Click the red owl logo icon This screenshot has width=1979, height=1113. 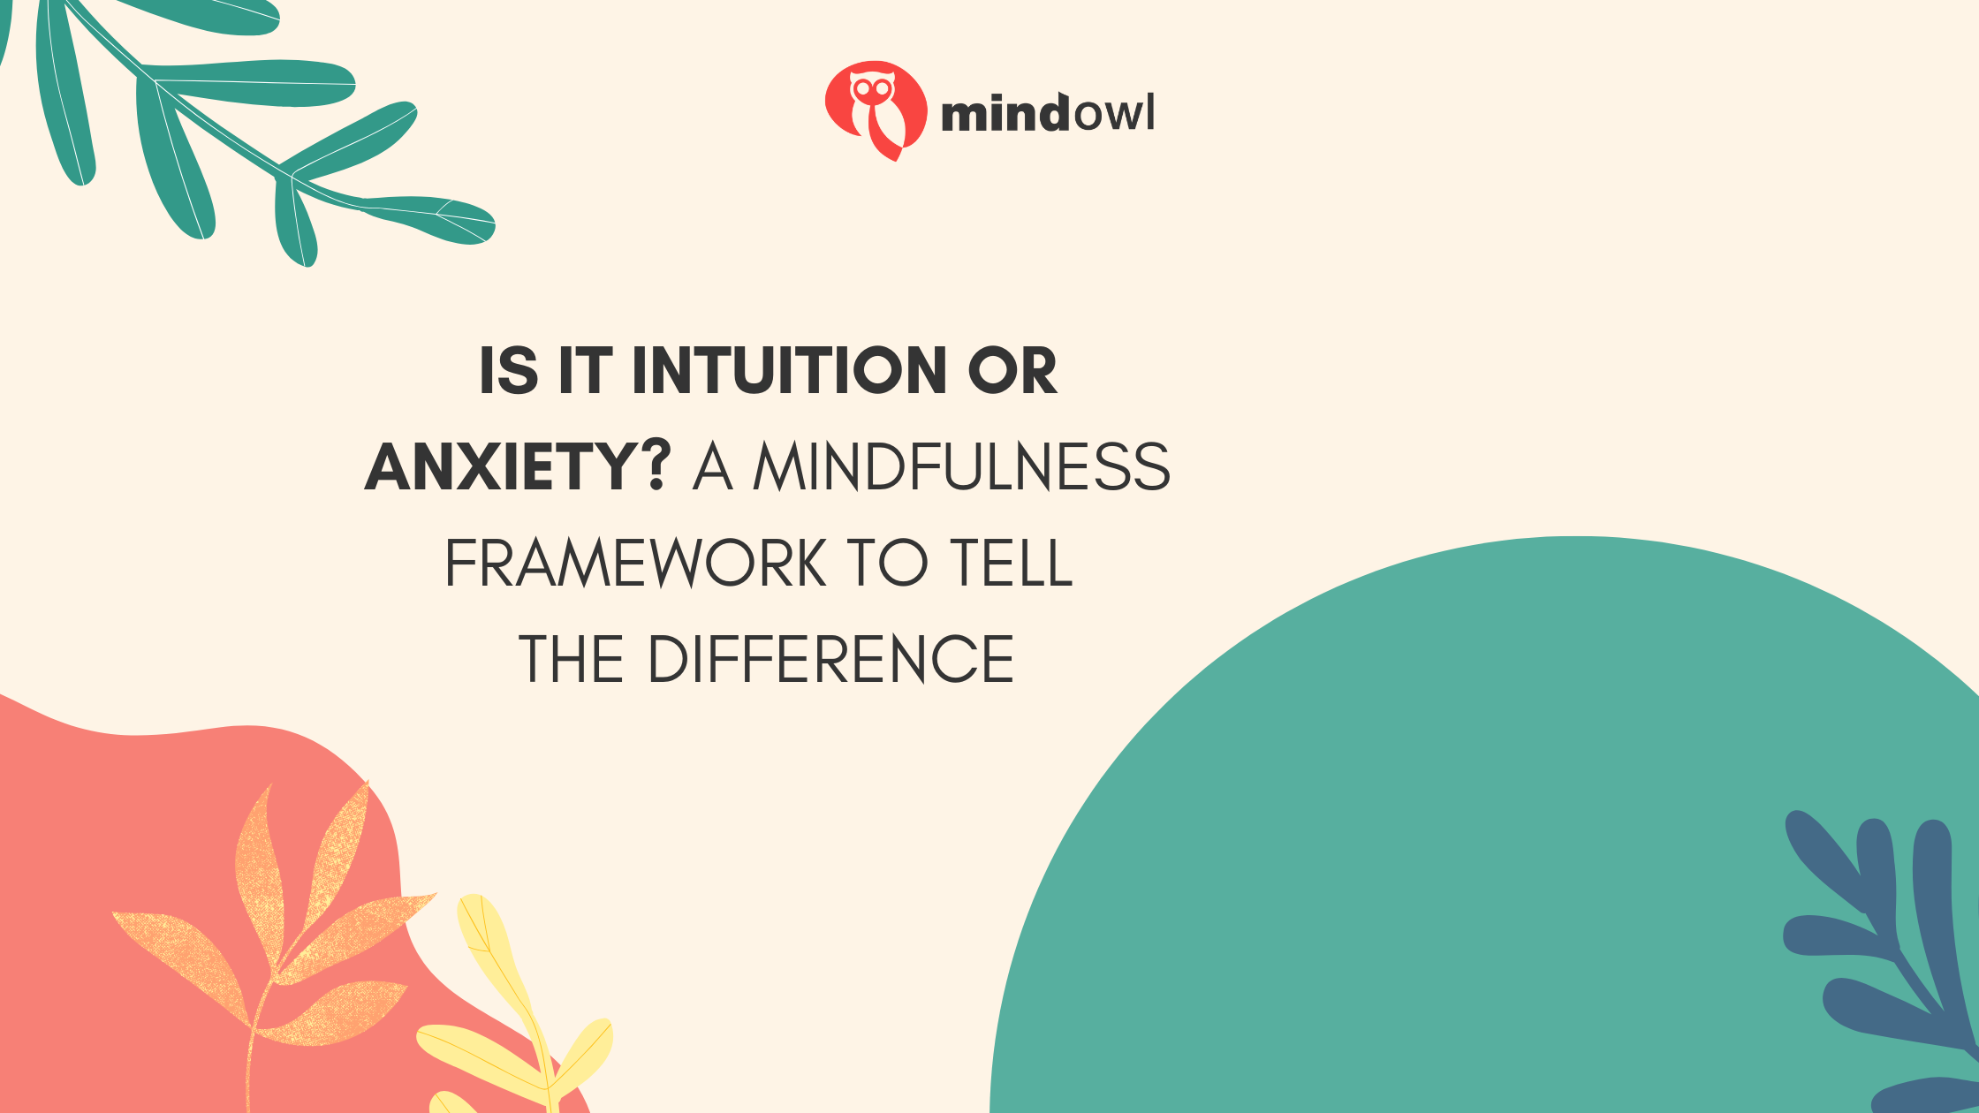[x=876, y=110]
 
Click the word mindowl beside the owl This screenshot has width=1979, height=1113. [x=1048, y=114]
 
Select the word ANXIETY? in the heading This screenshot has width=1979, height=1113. [x=519, y=466]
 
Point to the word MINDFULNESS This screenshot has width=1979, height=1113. [x=962, y=466]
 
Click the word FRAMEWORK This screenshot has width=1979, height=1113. [x=636, y=564]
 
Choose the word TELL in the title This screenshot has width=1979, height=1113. [x=1012, y=564]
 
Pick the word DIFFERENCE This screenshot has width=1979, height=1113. [x=831, y=660]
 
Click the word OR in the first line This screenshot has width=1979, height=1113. [x=1012, y=371]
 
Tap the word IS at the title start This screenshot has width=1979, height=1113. [x=509, y=371]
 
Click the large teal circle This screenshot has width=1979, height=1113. [x=1502, y=839]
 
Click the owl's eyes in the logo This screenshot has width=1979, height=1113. [x=872, y=88]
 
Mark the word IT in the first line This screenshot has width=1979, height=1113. [x=585, y=371]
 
